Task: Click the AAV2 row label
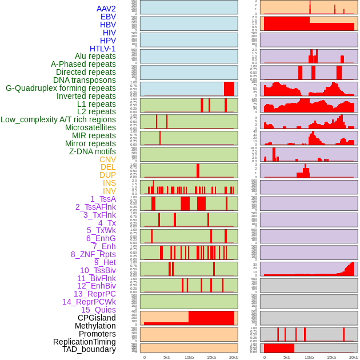pyautogui.click(x=106, y=9)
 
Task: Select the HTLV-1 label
pyautogui.click(x=103, y=49)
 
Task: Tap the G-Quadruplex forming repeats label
pyautogui.click(x=61, y=88)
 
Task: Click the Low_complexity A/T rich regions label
pyautogui.click(x=58, y=119)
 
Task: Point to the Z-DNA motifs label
pyautogui.click(x=93, y=151)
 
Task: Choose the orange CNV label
pyautogui.click(x=107, y=159)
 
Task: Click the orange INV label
pyautogui.click(x=109, y=191)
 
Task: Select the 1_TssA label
pyautogui.click(x=103, y=199)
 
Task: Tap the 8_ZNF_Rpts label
pyautogui.click(x=93, y=254)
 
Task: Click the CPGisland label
pyautogui.click(x=97, y=318)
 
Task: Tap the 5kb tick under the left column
pyautogui.click(x=167, y=357)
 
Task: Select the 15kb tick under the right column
pyautogui.click(x=331, y=357)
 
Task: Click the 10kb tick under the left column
pyautogui.click(x=189, y=357)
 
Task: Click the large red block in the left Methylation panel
pyautogui.click(x=211, y=318)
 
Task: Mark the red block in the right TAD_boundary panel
pyautogui.click(x=279, y=348)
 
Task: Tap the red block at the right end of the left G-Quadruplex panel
pyautogui.click(x=229, y=89)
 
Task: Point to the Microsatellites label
pyautogui.click(x=90, y=127)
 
